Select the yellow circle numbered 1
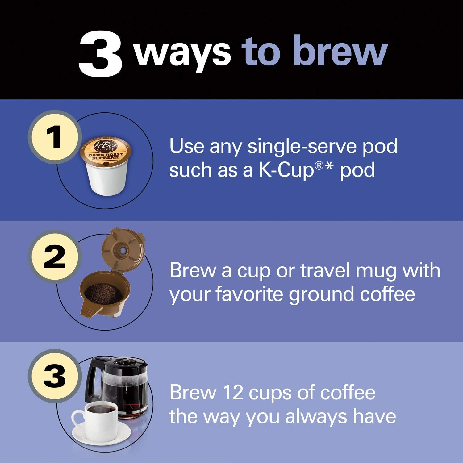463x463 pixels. coord(55,137)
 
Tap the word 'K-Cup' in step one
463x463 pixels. coord(286,170)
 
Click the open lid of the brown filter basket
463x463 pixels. coord(123,250)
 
